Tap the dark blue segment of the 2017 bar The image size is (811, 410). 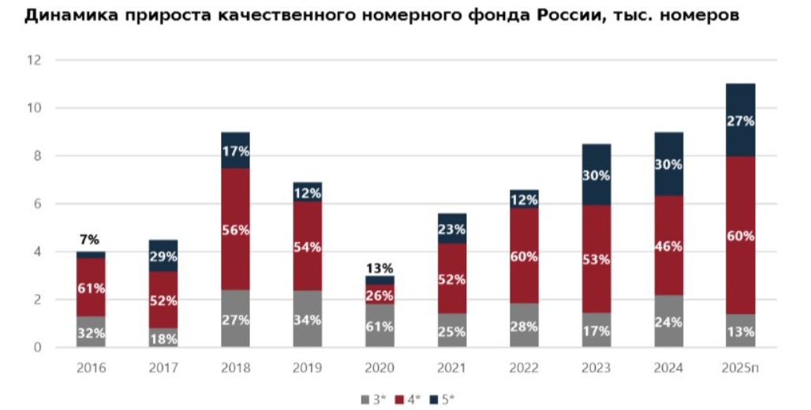tap(163, 255)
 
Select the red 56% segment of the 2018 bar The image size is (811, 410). tap(235, 229)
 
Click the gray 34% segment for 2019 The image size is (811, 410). tap(308, 319)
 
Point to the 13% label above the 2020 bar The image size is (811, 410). tap(379, 268)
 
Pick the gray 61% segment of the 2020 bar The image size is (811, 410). tap(379, 326)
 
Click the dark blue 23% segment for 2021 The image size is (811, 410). tap(451, 229)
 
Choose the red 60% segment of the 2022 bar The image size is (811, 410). tap(524, 257)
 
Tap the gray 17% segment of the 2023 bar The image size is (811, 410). tap(596, 330)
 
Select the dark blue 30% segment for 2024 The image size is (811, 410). tap(668, 164)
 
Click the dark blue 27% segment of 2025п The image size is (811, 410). tap(740, 120)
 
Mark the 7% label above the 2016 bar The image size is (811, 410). tap(91, 240)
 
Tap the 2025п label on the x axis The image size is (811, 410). tap(740, 367)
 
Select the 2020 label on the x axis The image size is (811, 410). tap(379, 367)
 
